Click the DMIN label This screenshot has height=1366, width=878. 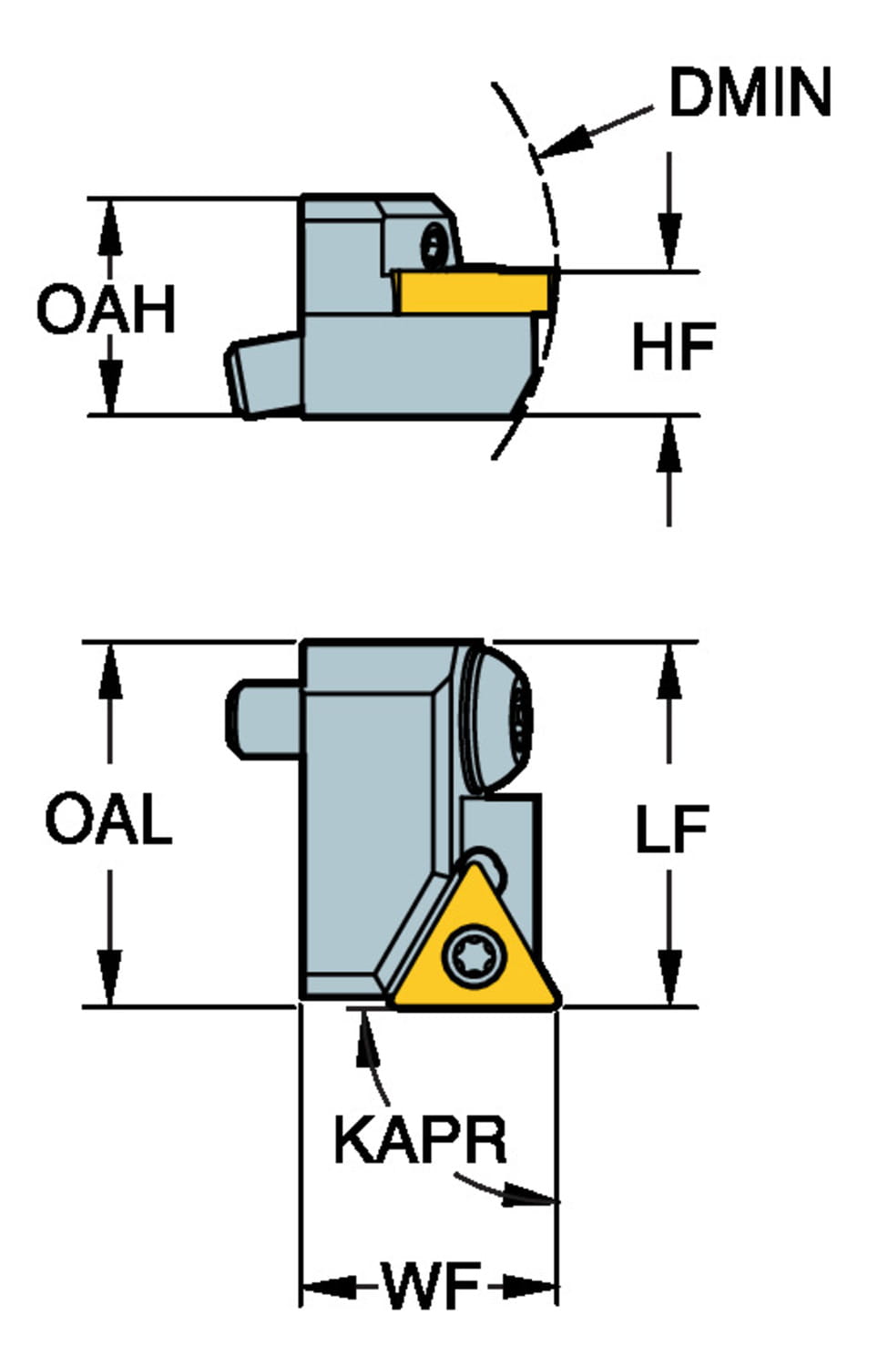(750, 93)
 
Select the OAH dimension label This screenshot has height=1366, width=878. (106, 309)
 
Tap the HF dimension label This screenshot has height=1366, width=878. (674, 347)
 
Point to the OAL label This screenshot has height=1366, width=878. (108, 819)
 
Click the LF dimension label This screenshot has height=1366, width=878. (672, 829)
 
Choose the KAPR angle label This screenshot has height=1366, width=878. (420, 1139)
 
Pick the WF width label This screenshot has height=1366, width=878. (430, 1287)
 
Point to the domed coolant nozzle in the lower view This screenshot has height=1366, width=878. (496, 719)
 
